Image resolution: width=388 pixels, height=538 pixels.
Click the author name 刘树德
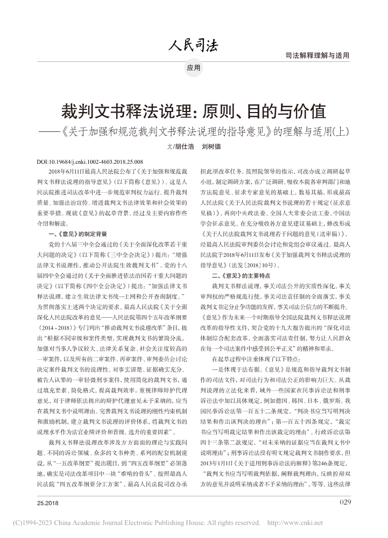(211, 146)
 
